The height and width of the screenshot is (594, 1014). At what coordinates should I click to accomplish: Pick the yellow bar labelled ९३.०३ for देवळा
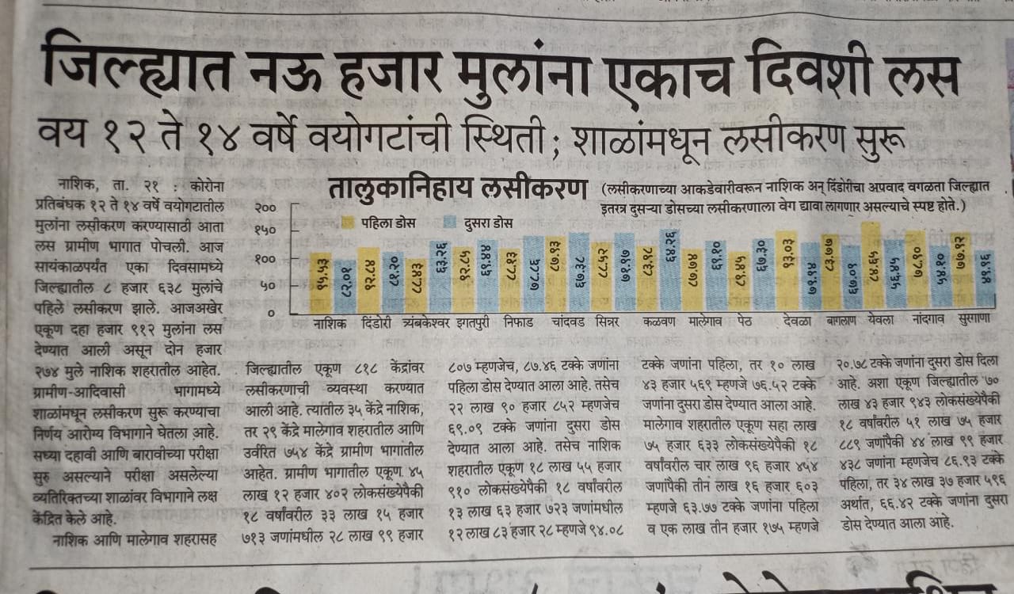click(791, 273)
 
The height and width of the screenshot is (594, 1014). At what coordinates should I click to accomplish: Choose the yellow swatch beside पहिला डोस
click(346, 222)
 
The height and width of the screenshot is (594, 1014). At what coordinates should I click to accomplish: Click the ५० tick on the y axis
click(269, 286)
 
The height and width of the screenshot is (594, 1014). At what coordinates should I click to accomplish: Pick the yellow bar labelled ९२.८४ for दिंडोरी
click(370, 281)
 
